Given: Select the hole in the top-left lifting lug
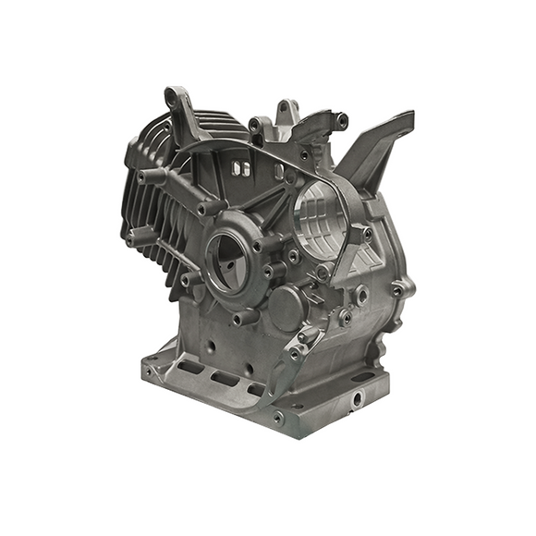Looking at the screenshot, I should click(x=173, y=94).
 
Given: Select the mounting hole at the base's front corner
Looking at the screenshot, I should click(x=278, y=418).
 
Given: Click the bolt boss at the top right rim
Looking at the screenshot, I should click(x=342, y=119).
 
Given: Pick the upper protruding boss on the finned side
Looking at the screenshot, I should click(x=148, y=176).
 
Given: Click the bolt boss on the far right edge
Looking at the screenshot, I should click(x=398, y=290).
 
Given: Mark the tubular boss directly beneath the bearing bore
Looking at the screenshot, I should click(x=243, y=318).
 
